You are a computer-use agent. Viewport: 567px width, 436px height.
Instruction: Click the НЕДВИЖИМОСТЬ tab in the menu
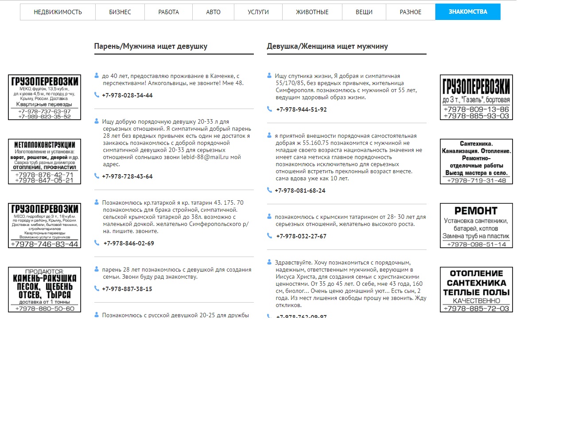[58, 12]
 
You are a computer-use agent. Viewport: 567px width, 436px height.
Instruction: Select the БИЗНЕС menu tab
[120, 12]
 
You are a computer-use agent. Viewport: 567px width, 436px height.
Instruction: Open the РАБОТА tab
[168, 12]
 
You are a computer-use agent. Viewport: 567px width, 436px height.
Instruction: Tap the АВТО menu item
[213, 12]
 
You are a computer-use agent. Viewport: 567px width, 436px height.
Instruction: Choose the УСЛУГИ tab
[258, 12]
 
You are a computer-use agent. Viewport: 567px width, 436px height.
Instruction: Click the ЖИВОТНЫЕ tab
[312, 12]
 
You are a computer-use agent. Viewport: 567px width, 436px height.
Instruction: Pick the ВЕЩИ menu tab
[364, 12]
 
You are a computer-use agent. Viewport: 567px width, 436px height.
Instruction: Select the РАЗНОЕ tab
[411, 12]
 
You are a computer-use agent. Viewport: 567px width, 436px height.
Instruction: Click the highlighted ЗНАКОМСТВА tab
[468, 12]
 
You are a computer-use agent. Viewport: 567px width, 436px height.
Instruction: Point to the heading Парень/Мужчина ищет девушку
[151, 46]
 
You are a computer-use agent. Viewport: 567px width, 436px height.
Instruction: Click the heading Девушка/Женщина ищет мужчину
[327, 46]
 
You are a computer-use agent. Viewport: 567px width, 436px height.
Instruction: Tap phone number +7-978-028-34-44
[127, 95]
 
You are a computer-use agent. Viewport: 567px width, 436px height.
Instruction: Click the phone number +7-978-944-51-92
[301, 109]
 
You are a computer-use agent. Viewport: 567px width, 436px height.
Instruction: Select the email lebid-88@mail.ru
[205, 157]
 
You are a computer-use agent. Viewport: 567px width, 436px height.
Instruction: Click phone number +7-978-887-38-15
[127, 289]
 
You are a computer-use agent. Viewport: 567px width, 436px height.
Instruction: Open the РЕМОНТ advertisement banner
[476, 226]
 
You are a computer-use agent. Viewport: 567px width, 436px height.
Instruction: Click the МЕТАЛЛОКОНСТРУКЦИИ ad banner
[44, 161]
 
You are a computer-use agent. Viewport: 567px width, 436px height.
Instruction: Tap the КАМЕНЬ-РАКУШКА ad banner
[44, 289]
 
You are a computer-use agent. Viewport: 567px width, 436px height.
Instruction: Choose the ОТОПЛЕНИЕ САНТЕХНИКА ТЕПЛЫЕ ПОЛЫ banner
[476, 289]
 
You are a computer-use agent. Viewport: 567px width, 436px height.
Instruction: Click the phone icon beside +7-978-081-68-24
[269, 190]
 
